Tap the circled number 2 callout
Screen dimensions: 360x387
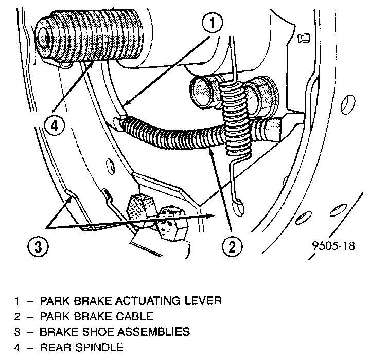pos(232,246)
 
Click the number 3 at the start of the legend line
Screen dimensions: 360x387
pos(17,332)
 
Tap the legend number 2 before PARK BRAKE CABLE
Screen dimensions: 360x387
pos(17,316)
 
